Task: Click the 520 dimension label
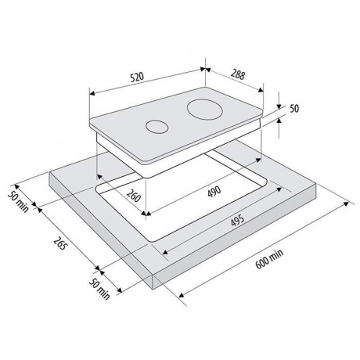tap(137, 77)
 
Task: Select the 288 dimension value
tap(238, 75)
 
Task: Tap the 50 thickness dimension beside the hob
tap(294, 109)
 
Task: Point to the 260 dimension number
tap(134, 195)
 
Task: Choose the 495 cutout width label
tap(238, 220)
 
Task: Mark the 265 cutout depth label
tap(60, 243)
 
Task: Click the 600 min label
tap(269, 259)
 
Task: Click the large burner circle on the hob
tap(204, 110)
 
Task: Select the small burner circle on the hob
tap(157, 127)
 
